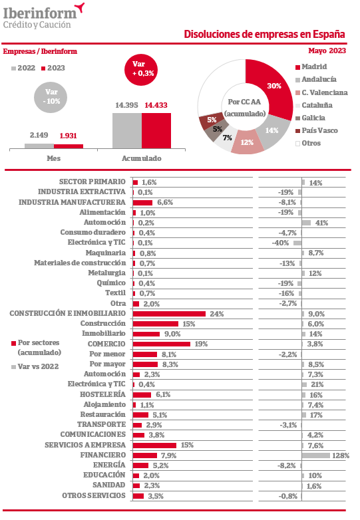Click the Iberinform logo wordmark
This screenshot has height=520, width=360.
[x=40, y=13]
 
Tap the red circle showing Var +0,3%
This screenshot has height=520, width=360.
[x=141, y=69]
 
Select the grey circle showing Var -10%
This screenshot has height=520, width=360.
[x=51, y=96]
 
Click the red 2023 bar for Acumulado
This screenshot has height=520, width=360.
[x=156, y=130]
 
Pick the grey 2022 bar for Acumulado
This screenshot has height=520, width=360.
[x=127, y=130]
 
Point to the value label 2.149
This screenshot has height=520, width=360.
[x=39, y=135]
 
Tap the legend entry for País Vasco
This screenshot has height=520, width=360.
[x=317, y=130]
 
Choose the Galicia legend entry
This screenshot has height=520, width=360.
[x=310, y=118]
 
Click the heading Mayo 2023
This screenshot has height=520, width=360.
[x=327, y=51]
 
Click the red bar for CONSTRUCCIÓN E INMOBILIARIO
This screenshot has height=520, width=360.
[x=169, y=314]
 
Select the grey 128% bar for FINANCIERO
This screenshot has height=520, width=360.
[x=316, y=455]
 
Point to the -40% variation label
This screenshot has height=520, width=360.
[x=280, y=243]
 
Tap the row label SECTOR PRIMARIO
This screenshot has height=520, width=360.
[x=92, y=182]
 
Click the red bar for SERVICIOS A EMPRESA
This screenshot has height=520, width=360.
[x=154, y=445]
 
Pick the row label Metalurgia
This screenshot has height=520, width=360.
[x=107, y=273]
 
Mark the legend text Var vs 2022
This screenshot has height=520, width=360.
[x=38, y=366]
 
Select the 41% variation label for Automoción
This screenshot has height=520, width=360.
[x=321, y=223]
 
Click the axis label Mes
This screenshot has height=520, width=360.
[x=53, y=158]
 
